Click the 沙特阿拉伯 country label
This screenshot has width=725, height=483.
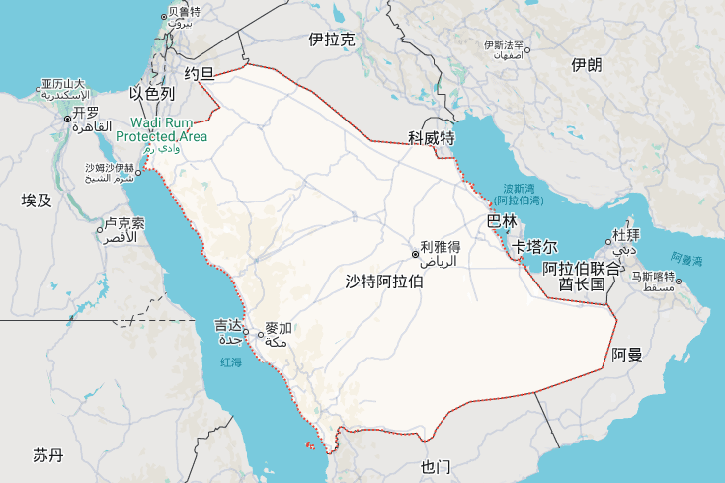[x=384, y=282]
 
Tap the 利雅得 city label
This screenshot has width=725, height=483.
[x=441, y=247]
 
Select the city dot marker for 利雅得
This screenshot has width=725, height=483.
[x=416, y=253]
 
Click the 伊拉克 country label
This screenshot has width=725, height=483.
[x=331, y=40]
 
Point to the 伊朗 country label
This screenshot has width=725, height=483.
[x=586, y=65]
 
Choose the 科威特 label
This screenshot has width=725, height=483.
[x=432, y=136]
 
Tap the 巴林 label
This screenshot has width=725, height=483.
[x=503, y=221]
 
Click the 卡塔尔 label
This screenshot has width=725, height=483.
[x=535, y=246]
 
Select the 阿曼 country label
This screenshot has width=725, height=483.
[x=626, y=354]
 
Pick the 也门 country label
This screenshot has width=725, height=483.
[x=435, y=466]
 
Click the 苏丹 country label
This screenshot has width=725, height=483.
[x=47, y=455]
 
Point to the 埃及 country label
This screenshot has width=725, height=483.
[x=36, y=201]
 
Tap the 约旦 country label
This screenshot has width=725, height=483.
[x=200, y=73]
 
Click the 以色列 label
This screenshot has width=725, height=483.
[x=152, y=94]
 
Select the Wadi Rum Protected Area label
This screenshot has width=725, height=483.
[x=162, y=129]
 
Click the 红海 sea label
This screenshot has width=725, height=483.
[x=230, y=363]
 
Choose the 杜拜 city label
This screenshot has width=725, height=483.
[x=626, y=235]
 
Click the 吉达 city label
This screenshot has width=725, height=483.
[x=227, y=326]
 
